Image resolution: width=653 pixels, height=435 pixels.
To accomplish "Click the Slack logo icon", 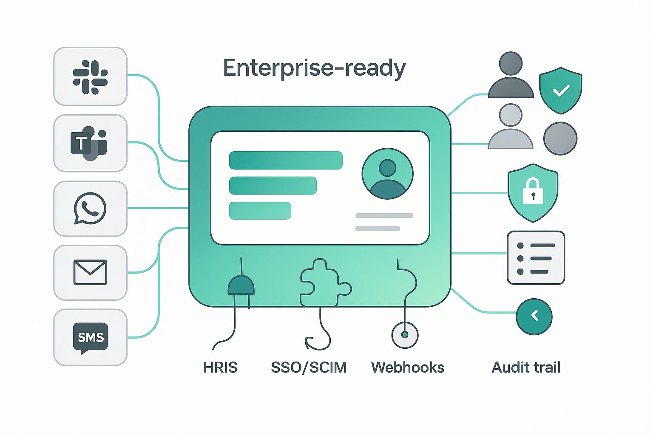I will pyautogui.click(x=90, y=77).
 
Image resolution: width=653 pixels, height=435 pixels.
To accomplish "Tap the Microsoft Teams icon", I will pyautogui.click(x=89, y=143).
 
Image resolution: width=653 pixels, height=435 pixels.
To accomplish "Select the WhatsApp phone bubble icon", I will pyautogui.click(x=90, y=208).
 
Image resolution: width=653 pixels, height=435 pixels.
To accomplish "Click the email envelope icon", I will pyautogui.click(x=90, y=272).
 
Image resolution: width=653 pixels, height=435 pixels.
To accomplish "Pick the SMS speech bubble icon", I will pyautogui.click(x=90, y=338).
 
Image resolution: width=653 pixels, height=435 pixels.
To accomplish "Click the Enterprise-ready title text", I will pyautogui.click(x=314, y=68).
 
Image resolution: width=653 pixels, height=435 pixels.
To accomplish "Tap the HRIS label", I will pyautogui.click(x=220, y=367).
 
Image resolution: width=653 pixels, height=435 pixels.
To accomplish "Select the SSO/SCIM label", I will pyautogui.click(x=309, y=367).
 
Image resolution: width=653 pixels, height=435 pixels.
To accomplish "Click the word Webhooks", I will pyautogui.click(x=407, y=367).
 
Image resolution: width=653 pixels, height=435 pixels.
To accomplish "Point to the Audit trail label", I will pyautogui.click(x=526, y=367).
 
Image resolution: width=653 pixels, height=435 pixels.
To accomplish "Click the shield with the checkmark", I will pyautogui.click(x=560, y=90).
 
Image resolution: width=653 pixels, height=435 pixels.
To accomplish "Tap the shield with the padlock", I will pyautogui.click(x=533, y=192).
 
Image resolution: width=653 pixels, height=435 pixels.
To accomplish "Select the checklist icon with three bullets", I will pyautogui.click(x=536, y=258).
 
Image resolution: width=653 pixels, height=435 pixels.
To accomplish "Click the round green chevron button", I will pyautogui.click(x=534, y=316).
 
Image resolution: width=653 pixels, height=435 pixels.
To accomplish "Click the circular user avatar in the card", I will pyautogui.click(x=387, y=173).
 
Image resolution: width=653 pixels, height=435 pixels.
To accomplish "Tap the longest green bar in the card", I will pyautogui.click(x=286, y=160).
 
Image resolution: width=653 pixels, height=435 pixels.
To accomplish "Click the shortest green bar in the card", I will pyautogui.click(x=260, y=211).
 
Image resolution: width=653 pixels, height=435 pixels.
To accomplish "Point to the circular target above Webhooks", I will pyautogui.click(x=405, y=335).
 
